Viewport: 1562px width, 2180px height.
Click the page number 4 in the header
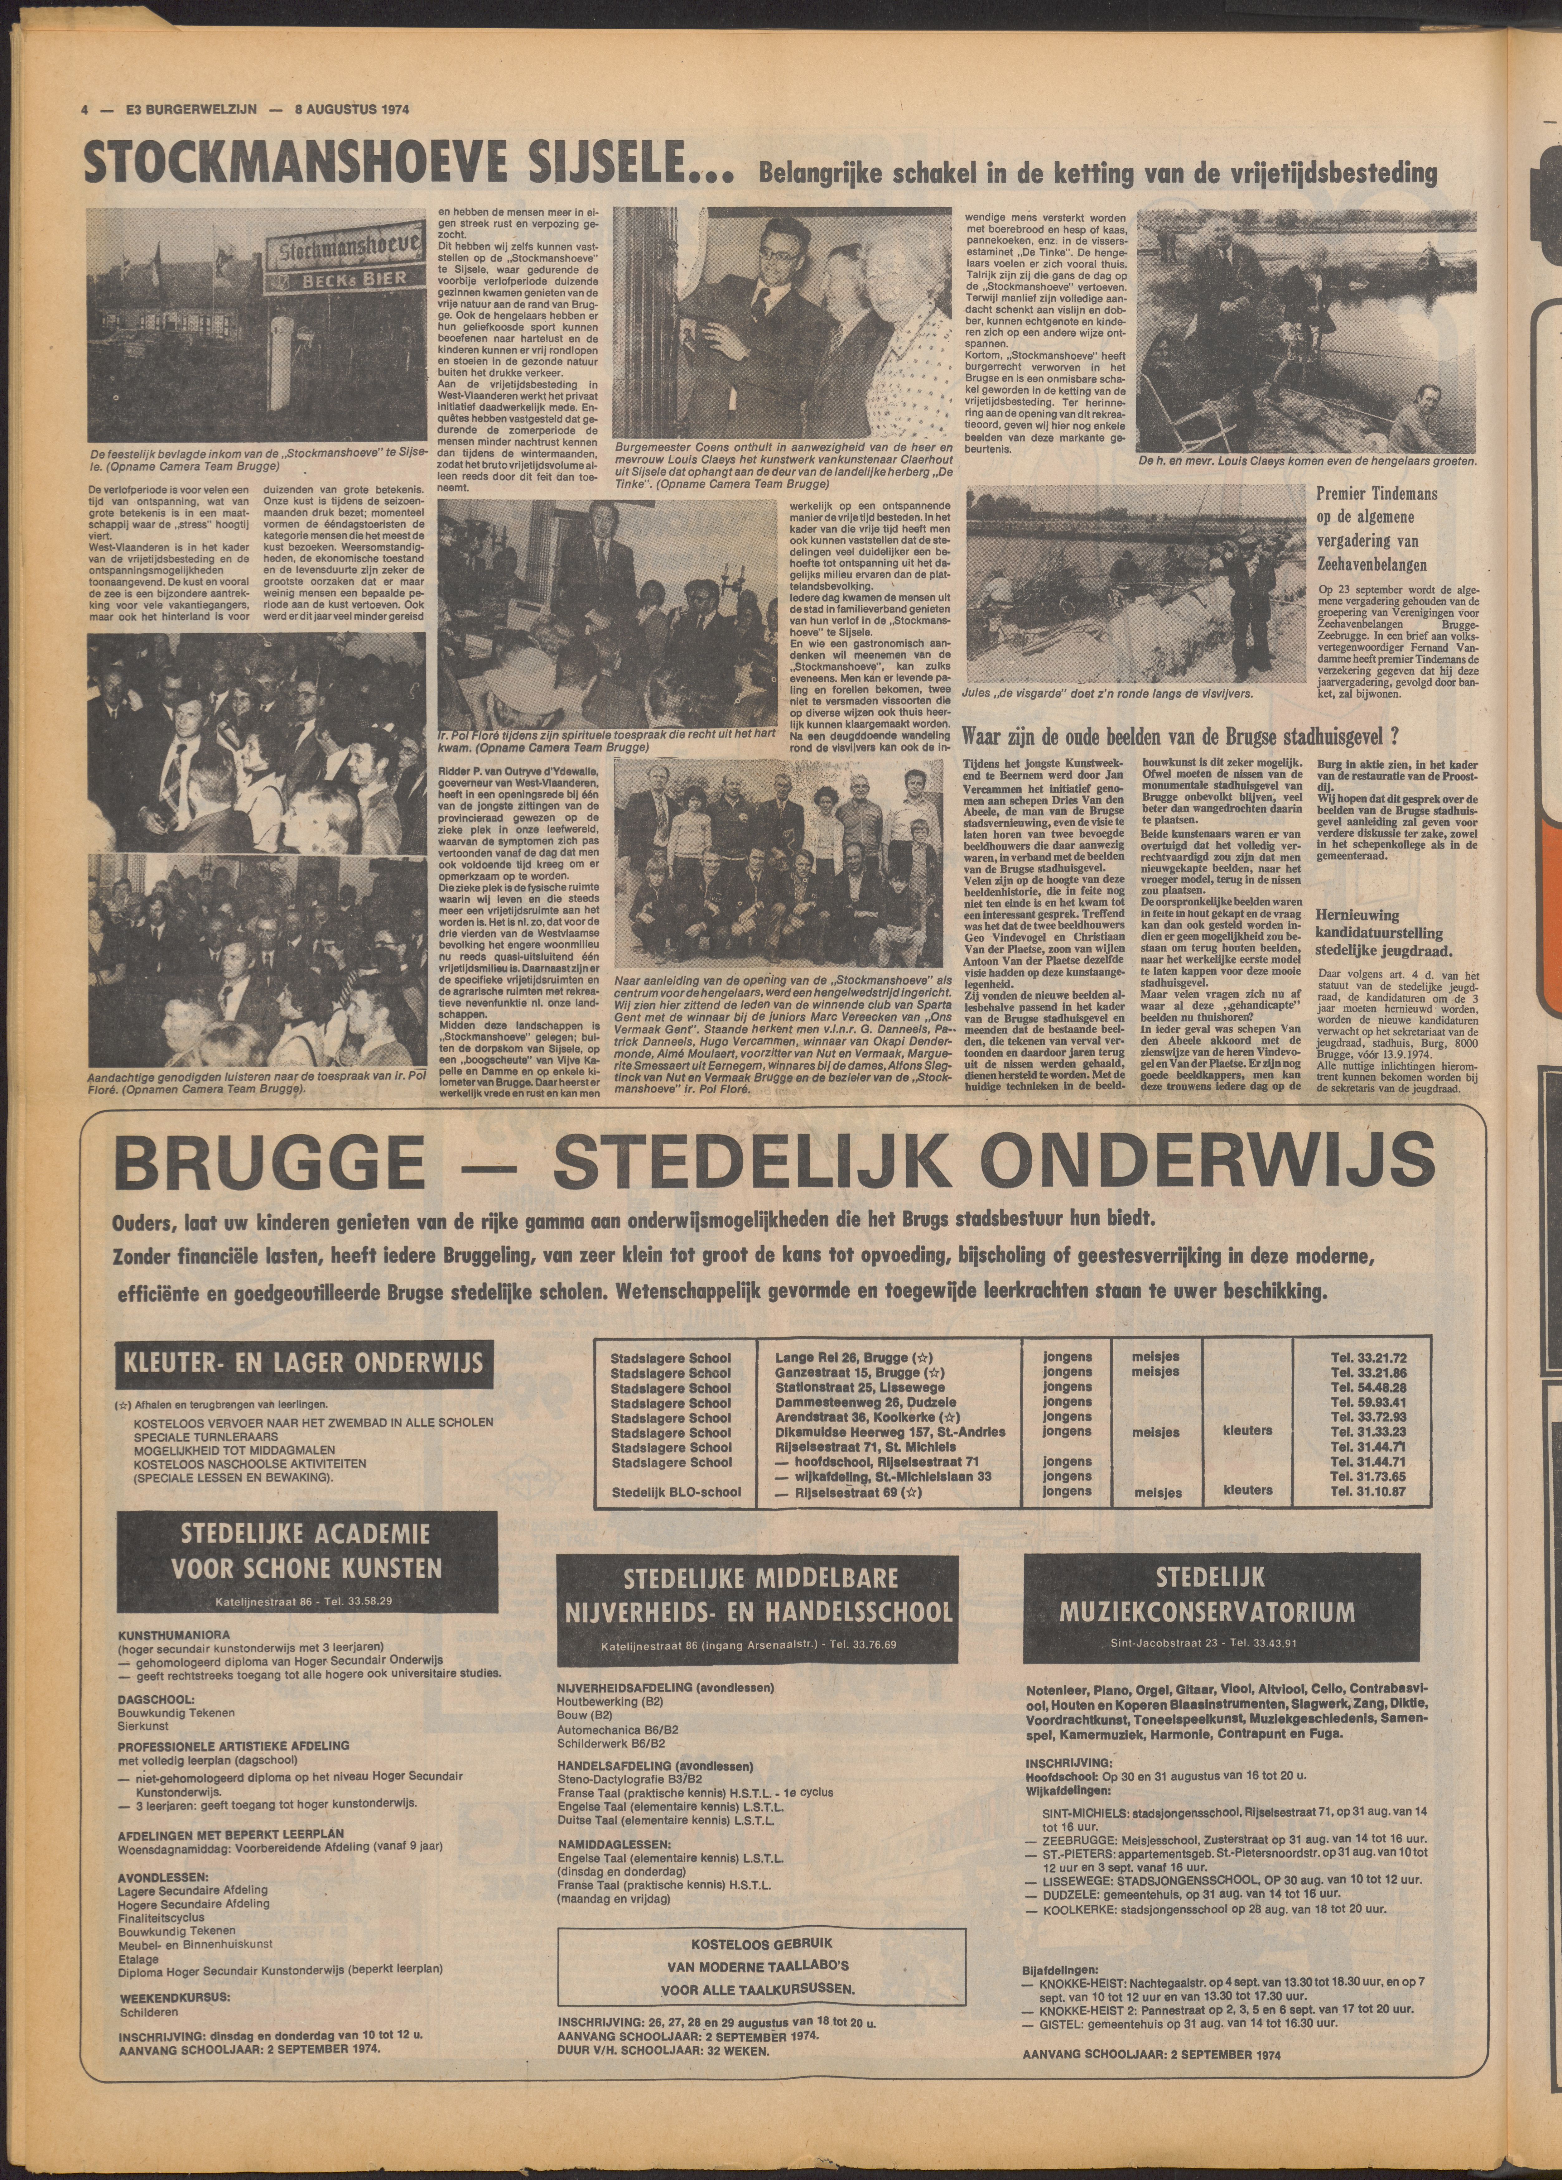pos(86,108)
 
